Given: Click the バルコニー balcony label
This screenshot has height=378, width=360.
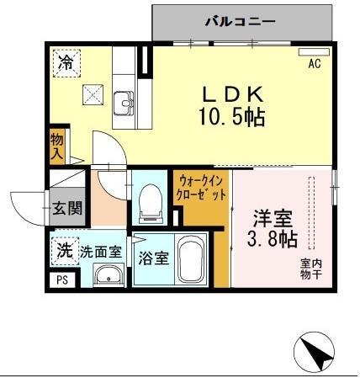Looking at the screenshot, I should pos(239,19).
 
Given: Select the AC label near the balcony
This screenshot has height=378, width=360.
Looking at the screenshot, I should pos(315,63).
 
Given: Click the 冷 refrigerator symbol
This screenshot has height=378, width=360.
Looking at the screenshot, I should pos(65,62).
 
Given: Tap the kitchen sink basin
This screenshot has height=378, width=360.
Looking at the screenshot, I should pos(127,104).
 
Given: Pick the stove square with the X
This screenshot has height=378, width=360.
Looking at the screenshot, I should pos(90,95).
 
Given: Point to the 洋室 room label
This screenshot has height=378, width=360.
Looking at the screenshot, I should pos(274,217).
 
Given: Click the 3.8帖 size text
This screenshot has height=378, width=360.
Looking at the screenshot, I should pos(274,241).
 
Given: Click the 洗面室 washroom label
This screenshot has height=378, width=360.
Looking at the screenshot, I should pos(102,251).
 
